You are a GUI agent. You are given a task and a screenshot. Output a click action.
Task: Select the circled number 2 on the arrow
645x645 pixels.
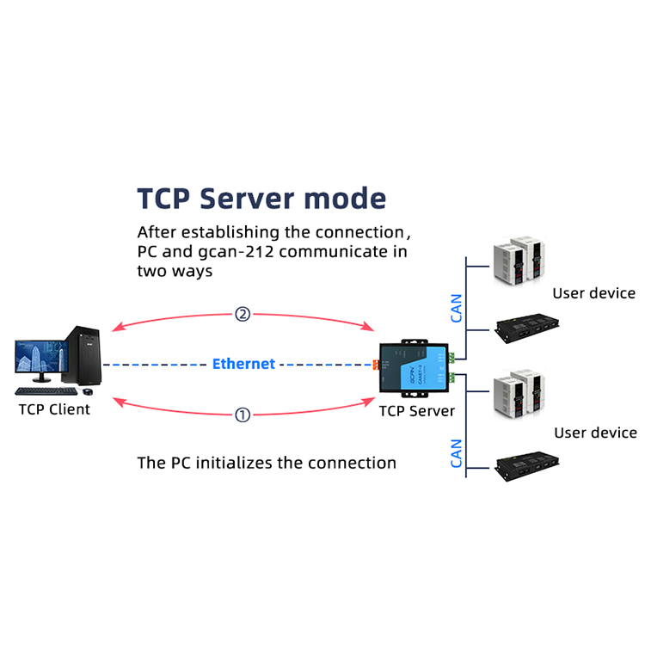(x=243, y=315)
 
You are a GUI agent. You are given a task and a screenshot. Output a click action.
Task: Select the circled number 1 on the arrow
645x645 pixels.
(x=243, y=415)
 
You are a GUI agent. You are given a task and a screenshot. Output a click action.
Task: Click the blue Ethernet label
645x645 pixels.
(x=243, y=364)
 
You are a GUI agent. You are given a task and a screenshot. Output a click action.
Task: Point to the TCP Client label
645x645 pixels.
(x=54, y=409)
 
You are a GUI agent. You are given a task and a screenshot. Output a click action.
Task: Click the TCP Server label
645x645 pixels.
(x=417, y=411)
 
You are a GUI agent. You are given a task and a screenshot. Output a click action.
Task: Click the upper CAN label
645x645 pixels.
(x=457, y=309)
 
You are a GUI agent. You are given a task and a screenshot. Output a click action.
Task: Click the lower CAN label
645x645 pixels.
(x=457, y=453)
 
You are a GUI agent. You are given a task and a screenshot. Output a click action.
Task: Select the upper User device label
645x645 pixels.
(x=593, y=293)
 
